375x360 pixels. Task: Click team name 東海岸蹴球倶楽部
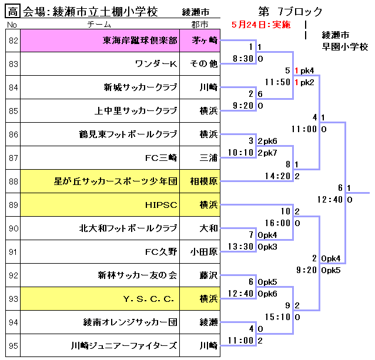(140, 41)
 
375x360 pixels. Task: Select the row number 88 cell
(13, 181)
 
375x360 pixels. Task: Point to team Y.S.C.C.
(149, 299)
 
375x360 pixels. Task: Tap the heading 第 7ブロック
(290, 11)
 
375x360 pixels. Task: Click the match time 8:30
(243, 59)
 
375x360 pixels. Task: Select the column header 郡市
(199, 25)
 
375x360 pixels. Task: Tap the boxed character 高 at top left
(13, 11)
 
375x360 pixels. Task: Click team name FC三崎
(160, 158)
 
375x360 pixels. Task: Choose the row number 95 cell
(13, 345)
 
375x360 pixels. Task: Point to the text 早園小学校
(345, 46)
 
